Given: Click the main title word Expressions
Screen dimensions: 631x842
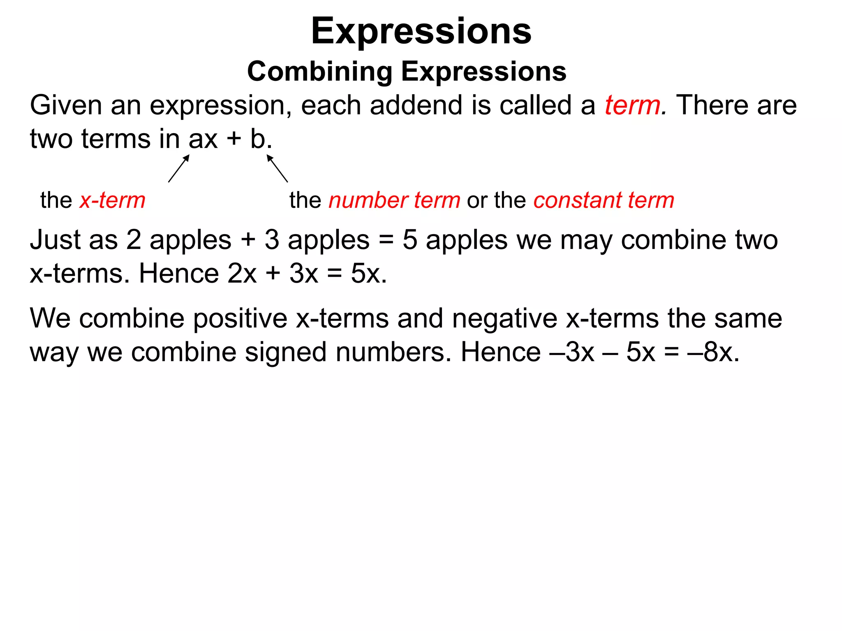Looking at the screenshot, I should point(421,31).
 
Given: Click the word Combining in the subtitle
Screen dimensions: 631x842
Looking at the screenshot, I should point(320,71).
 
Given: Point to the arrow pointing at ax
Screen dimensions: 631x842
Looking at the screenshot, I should point(179,168).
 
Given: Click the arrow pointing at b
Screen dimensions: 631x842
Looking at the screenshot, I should point(277,168).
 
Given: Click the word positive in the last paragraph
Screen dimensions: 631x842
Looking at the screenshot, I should point(241,318).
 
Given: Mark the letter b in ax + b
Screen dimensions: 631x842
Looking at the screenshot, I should point(258,139).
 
